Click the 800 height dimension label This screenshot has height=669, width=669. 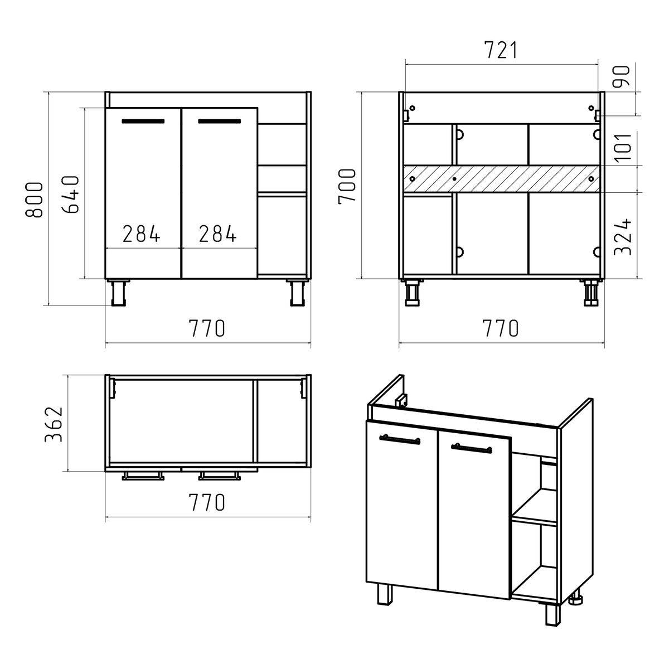tap(35, 200)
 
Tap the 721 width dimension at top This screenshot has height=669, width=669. tap(501, 50)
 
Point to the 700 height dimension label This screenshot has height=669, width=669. tap(347, 186)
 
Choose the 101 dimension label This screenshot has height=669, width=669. tap(623, 147)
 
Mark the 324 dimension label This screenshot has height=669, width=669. tap(623, 237)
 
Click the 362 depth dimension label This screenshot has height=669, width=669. tap(54, 424)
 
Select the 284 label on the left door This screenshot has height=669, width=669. tap(142, 233)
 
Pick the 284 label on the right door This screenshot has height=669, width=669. tap(218, 233)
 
